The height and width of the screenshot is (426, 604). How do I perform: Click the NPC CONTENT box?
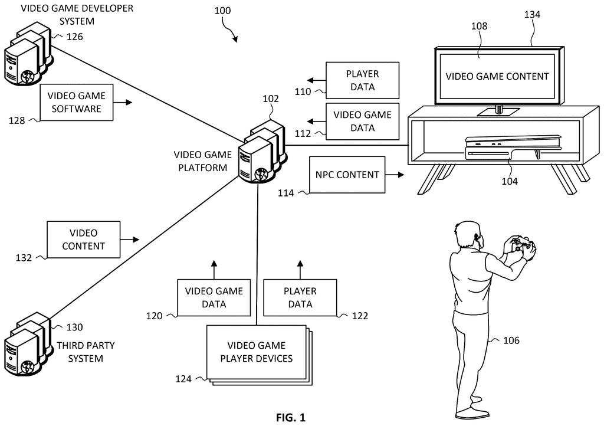(x=347, y=175)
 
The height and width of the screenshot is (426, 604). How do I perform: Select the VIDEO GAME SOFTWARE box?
(x=77, y=103)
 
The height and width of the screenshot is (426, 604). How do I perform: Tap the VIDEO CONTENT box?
(x=84, y=240)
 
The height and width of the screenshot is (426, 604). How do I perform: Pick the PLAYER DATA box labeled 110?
(x=363, y=80)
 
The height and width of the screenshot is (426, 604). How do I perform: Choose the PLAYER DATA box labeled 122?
(x=300, y=298)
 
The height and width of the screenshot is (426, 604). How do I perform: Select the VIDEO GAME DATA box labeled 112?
(x=363, y=122)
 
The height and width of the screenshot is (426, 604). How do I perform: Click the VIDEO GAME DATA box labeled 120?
(x=214, y=298)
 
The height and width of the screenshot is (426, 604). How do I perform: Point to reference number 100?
(x=222, y=11)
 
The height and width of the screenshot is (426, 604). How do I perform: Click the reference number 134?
(x=532, y=15)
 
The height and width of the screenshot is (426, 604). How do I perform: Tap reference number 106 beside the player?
(x=511, y=340)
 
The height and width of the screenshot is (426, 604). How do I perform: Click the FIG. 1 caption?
(x=290, y=418)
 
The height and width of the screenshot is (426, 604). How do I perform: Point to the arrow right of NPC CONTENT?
(x=395, y=175)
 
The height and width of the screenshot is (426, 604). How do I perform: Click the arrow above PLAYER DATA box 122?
(x=300, y=270)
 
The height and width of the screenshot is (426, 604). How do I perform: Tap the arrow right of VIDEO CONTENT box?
(x=129, y=240)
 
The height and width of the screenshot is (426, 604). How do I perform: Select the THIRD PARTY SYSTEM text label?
(x=86, y=352)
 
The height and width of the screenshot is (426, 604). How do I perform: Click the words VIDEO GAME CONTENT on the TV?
(x=497, y=76)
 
